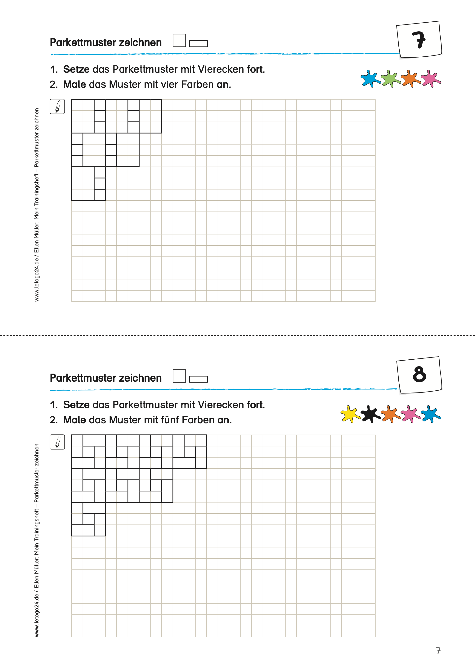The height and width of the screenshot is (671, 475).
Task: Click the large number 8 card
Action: [x=419, y=375]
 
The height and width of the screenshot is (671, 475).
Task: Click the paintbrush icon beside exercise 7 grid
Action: [x=57, y=106]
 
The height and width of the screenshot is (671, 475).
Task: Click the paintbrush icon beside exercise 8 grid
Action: [x=57, y=442]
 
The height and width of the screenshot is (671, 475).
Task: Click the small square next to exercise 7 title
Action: [x=179, y=40]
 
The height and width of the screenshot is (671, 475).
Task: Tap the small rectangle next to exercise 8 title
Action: [x=198, y=379]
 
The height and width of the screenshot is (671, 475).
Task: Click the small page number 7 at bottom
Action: [x=438, y=651]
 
